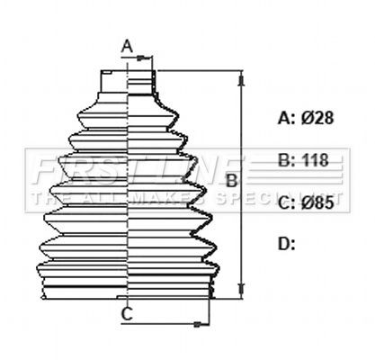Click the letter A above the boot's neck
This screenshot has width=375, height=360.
[x=127, y=46]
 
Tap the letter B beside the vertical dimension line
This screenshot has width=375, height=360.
[x=230, y=181]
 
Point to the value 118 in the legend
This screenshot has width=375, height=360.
[x=315, y=161]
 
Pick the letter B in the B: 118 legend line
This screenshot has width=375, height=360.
[x=284, y=161]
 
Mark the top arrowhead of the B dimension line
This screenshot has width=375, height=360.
[x=241, y=78]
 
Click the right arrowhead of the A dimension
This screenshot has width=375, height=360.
[x=152, y=59]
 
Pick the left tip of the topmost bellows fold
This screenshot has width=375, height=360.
[x=79, y=114]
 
